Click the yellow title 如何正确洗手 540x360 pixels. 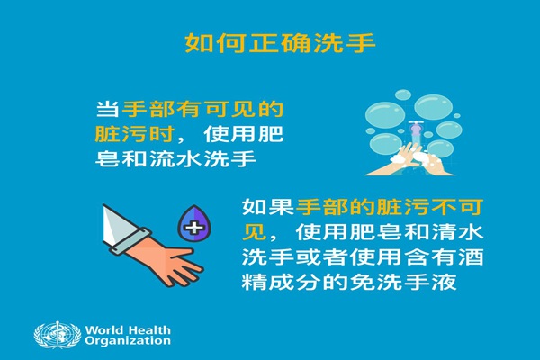pos(280,43)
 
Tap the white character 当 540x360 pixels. pos(107,110)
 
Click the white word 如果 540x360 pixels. pos(267,207)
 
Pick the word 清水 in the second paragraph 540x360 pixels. pos(457,232)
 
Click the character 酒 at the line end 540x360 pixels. pos(471,257)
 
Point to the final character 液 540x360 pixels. pos(444,283)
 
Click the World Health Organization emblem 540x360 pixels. pos(58,335)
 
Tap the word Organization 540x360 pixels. pos(128,341)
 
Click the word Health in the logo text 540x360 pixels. pos(149,329)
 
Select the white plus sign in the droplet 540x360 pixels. pos(193,228)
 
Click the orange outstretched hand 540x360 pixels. pos(166,261)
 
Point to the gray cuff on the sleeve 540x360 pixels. pos(131,242)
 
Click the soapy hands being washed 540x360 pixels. pos(409,161)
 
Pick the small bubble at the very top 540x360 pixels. pos(402,94)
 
